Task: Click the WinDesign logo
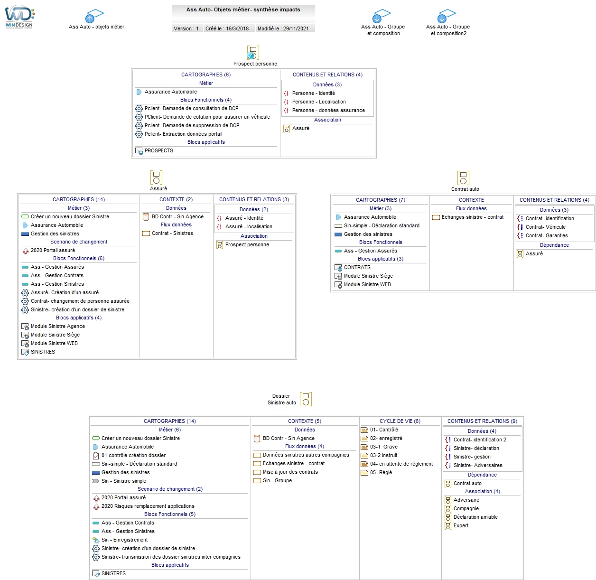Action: click(19, 17)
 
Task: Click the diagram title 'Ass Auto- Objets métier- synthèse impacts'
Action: click(243, 9)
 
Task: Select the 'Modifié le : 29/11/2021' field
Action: click(283, 28)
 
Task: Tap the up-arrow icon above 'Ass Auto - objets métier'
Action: click(89, 19)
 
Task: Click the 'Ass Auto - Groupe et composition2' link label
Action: click(447, 30)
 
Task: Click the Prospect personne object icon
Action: click(252, 52)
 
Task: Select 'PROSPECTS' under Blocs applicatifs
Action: click(158, 150)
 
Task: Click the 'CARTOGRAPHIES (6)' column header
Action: click(206, 75)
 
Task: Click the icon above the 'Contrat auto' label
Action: click(463, 178)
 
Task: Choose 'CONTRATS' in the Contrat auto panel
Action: click(357, 267)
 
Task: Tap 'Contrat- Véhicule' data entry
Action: click(545, 227)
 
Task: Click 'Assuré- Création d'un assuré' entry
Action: click(65, 292)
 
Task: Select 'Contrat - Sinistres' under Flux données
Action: click(172, 233)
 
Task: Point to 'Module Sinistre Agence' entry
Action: click(57, 326)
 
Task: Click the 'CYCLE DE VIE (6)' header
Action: click(400, 421)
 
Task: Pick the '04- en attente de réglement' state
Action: click(401, 464)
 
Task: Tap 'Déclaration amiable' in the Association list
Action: click(475, 516)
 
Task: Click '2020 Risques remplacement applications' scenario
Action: click(148, 506)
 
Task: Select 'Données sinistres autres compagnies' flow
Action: click(306, 455)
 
